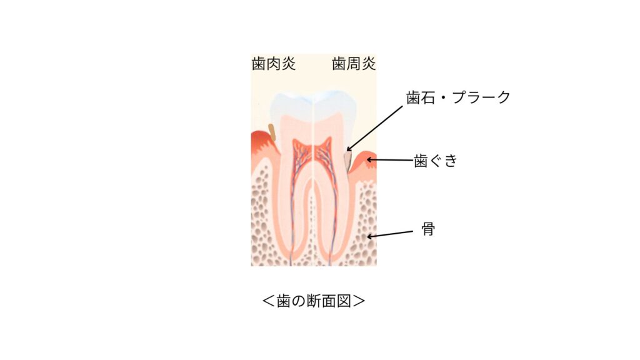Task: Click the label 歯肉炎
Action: tap(274, 64)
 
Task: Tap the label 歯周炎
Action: tap(354, 64)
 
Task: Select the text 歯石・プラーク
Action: tap(458, 97)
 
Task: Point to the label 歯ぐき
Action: tap(436, 161)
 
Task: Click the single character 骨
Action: tap(427, 229)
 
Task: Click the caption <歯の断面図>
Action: tap(314, 301)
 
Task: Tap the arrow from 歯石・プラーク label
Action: tap(375, 129)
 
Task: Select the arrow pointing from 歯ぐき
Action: tap(389, 160)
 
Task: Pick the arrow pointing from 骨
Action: tap(390, 234)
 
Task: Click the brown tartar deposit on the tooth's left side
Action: tap(272, 132)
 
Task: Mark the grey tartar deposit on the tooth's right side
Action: tap(347, 161)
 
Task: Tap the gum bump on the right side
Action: tap(364, 161)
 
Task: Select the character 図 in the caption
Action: tap(344, 301)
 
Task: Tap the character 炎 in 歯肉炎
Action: tap(288, 64)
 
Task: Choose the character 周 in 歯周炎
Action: tap(354, 64)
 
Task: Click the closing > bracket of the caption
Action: tap(359, 301)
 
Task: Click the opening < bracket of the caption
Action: tap(268, 301)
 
